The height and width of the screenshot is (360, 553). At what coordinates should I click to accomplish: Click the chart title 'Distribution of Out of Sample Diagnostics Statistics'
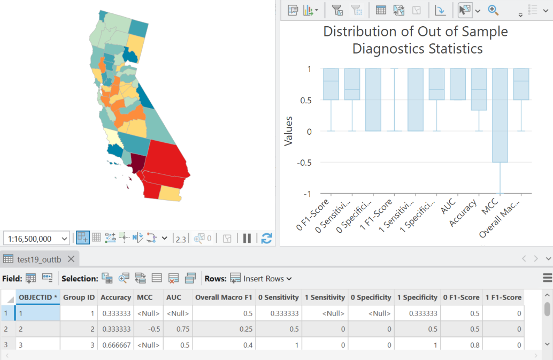(x=415, y=40)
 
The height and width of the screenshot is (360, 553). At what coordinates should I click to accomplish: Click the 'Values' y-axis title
(x=289, y=131)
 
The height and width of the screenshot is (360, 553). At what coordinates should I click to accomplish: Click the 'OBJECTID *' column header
(x=37, y=297)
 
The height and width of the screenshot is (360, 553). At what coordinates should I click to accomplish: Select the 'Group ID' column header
(x=79, y=297)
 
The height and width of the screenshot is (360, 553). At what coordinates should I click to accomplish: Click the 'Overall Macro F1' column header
(x=224, y=297)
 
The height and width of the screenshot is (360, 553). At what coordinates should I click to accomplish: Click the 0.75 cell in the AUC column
(x=176, y=329)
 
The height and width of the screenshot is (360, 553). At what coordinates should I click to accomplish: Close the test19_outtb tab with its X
(x=71, y=259)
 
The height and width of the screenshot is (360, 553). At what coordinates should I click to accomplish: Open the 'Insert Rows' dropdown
(x=262, y=279)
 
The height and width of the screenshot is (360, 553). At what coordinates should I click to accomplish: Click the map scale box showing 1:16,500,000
(x=36, y=239)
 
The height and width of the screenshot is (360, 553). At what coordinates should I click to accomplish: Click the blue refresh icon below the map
(x=266, y=238)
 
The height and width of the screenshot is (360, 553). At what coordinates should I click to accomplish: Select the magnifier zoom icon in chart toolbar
(x=493, y=10)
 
